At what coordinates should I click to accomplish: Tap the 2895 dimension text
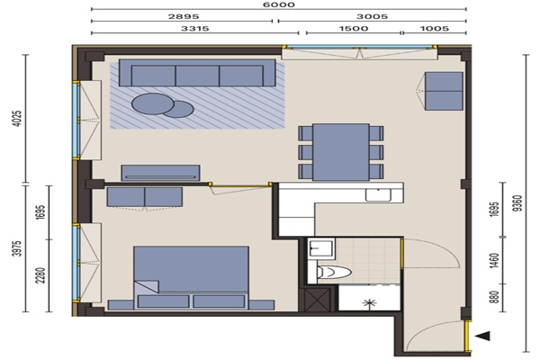pos(184,16)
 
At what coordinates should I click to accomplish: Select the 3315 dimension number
pos(195,28)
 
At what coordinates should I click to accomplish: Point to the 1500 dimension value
pos(354,28)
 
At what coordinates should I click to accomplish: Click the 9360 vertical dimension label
pos(517,203)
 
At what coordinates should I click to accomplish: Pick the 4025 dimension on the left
pos(17,118)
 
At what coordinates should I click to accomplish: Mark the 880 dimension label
pos(494,297)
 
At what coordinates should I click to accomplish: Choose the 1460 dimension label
pos(494,261)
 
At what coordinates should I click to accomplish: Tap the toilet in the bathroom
pos(333,272)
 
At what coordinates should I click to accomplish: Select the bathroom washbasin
pos(321,248)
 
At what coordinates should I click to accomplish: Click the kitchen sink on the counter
pos(378,195)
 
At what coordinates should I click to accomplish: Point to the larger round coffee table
pos(153,103)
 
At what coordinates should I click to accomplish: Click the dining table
pos(341,152)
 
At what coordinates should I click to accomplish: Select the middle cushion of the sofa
pos(197,76)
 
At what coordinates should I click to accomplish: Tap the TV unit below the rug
pos(160,173)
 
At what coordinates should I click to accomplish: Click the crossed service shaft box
pos(317,300)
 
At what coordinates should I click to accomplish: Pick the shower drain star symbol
pos(370,302)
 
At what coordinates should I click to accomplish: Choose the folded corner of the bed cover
pos(147,286)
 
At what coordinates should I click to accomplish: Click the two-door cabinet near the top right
pos(444,91)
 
